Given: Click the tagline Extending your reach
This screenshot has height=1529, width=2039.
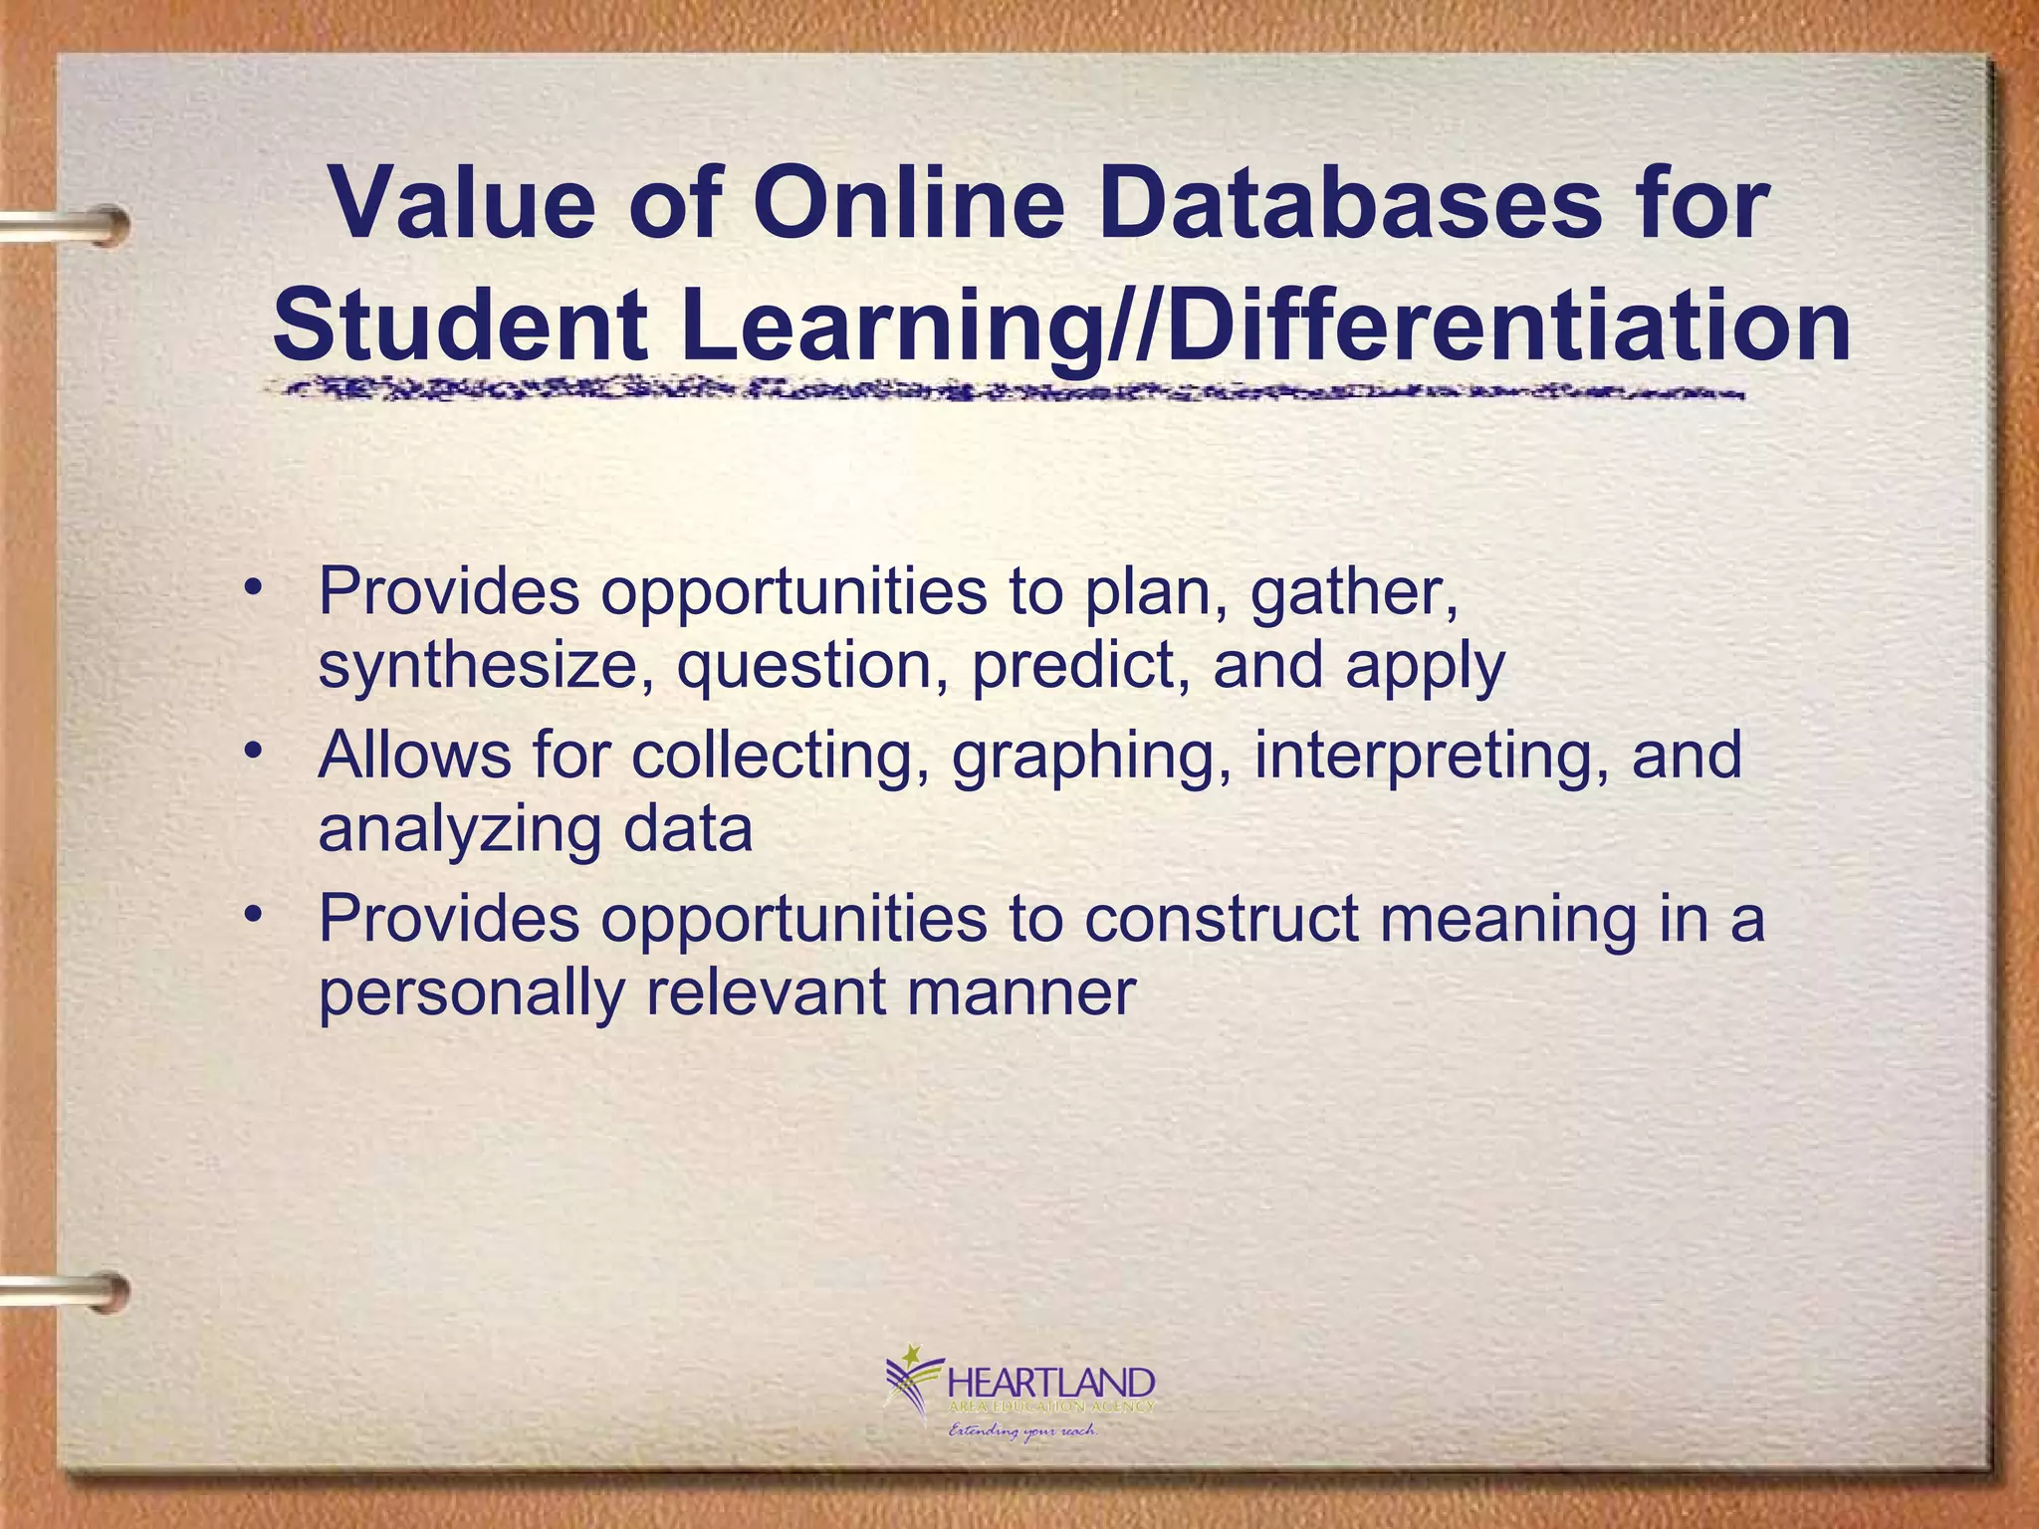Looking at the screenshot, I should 1021,1431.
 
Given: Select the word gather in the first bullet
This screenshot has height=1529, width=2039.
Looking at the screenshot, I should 1354,591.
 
